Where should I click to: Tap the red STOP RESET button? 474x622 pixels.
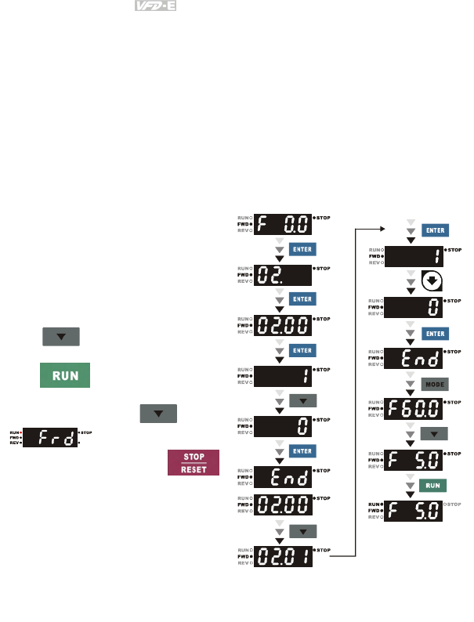pyautogui.click(x=192, y=462)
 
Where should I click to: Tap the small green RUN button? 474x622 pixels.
pyautogui.click(x=434, y=486)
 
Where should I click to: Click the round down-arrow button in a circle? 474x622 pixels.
pyautogui.click(x=432, y=282)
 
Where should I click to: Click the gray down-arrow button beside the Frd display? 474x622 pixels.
pyautogui.click(x=157, y=413)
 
